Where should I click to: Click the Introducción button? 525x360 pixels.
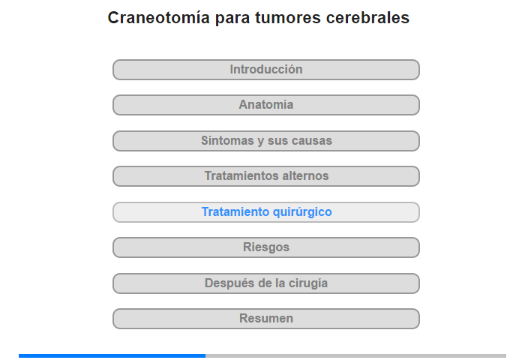[266, 70]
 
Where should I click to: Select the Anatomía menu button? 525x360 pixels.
[266, 105]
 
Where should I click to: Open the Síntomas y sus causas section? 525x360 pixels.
[266, 141]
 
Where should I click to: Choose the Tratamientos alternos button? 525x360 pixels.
[266, 176]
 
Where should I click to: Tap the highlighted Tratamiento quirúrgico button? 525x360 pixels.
[266, 212]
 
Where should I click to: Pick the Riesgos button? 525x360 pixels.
[266, 247]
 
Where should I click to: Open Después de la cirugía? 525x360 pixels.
[266, 283]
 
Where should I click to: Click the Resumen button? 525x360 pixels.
[266, 319]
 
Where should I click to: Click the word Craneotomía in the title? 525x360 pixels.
[159, 17]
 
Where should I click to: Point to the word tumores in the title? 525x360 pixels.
[287, 18]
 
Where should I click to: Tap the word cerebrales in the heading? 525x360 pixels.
[367, 18]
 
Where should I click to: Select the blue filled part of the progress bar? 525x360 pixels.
[112, 355]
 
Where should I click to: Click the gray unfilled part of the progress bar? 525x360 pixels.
[356, 355]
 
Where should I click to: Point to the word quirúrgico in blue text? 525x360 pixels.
[302, 212]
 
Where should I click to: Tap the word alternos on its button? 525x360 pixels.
[306, 175]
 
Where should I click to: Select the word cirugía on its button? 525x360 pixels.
[308, 283]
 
